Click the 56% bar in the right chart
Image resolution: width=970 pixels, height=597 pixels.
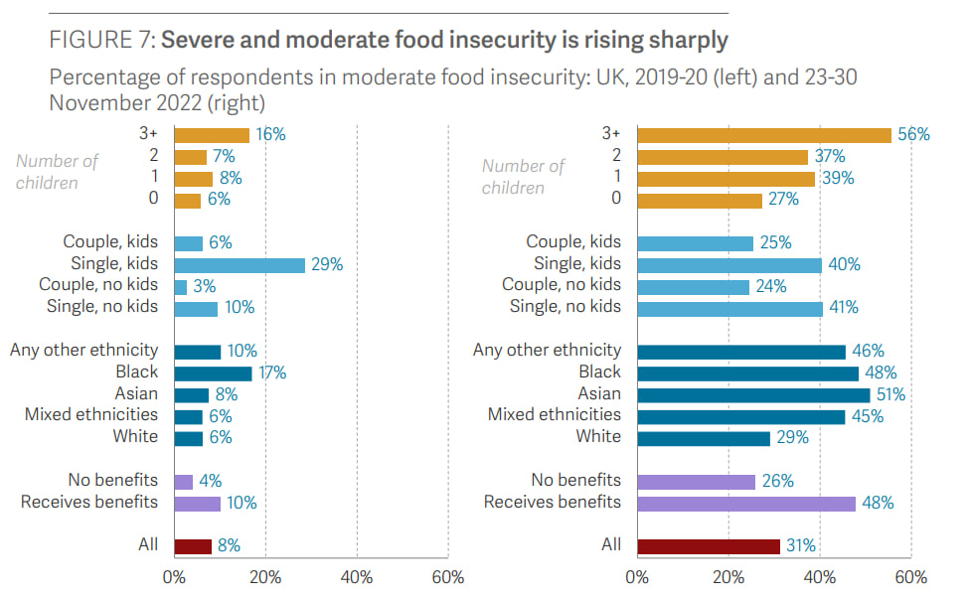coord(763,135)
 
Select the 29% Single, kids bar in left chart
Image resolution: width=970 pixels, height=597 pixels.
coord(239,265)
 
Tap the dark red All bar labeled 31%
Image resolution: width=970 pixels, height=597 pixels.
coord(709,545)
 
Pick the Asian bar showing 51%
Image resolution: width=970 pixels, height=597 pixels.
coord(753,394)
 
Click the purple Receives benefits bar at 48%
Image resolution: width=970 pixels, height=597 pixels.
coord(746,504)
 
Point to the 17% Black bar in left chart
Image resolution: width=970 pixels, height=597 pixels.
coord(213,373)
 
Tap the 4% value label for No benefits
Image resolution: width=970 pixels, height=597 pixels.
coord(212,482)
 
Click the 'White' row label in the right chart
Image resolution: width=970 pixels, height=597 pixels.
coord(598,437)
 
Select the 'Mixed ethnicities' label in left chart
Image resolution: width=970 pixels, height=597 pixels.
coord(91,415)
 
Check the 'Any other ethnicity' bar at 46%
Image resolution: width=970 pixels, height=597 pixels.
coord(741,352)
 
